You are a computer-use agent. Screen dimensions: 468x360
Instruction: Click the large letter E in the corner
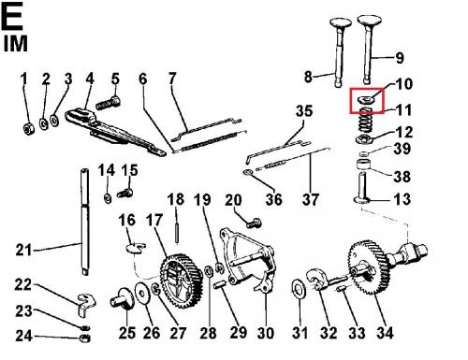point(12,16)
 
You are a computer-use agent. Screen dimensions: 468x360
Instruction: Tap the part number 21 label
point(23,250)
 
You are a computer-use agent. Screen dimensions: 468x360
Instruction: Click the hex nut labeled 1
point(28,129)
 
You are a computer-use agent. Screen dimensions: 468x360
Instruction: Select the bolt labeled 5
point(109,103)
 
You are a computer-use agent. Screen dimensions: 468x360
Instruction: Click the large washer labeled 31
point(299,289)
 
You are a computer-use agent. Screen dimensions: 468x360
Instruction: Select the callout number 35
point(304,111)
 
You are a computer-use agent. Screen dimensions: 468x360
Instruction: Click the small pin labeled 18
point(177,232)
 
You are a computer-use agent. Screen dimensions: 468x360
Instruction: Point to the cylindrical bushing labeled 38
point(364,165)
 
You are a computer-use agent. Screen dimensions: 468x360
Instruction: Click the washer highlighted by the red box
point(366,100)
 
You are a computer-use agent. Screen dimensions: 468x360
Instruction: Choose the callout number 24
point(24,336)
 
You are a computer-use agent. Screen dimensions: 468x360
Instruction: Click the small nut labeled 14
point(108,198)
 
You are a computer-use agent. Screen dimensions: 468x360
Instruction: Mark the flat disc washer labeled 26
point(142,294)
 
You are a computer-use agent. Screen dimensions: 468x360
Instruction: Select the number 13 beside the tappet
point(402,199)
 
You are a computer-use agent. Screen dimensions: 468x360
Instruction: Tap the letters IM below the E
point(16,44)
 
